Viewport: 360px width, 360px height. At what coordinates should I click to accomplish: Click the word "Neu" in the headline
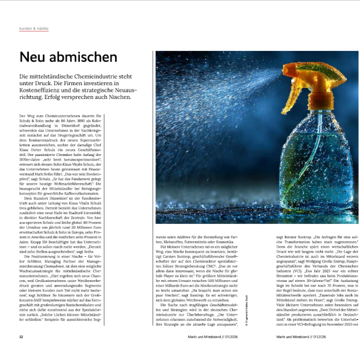pos(34,58)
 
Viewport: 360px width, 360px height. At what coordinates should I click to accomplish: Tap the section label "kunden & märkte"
pos(34,28)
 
